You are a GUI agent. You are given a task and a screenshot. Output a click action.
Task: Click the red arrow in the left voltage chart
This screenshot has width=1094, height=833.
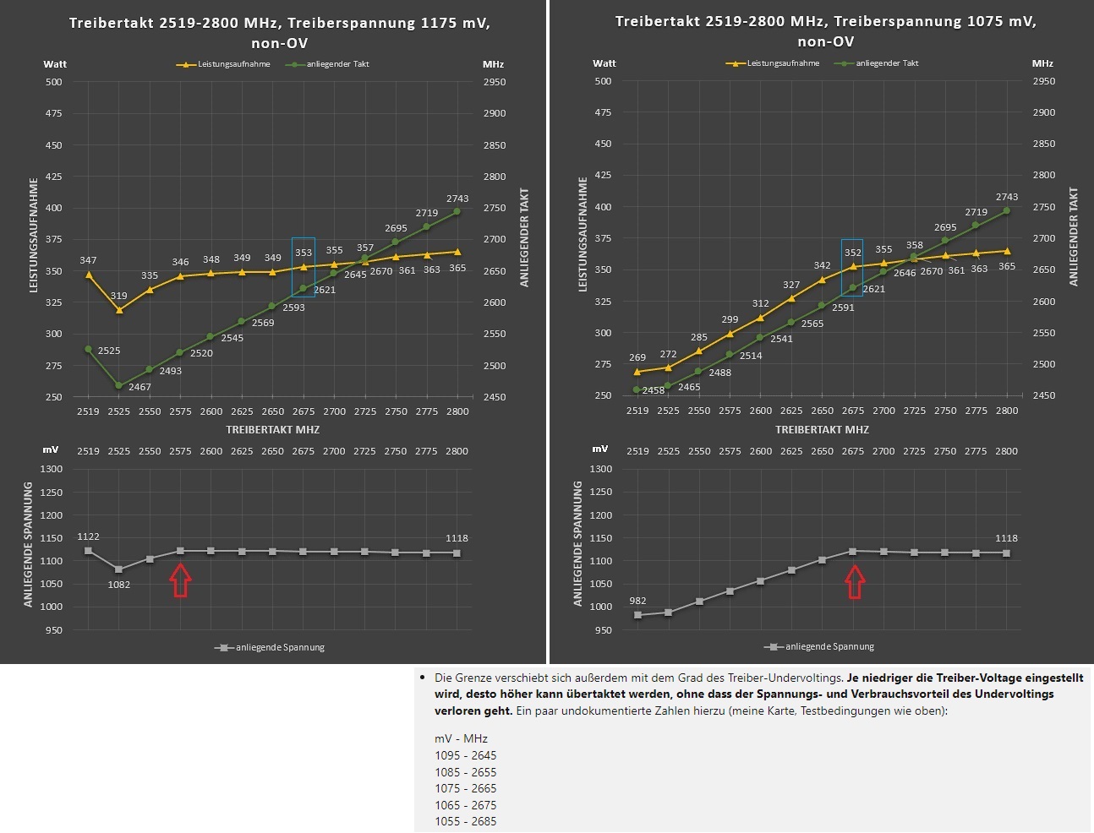tap(180, 581)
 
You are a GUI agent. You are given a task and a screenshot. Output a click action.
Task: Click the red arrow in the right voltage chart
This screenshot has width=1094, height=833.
tap(855, 582)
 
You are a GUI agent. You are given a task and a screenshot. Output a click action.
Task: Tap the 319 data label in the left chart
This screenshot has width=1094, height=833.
tap(118, 296)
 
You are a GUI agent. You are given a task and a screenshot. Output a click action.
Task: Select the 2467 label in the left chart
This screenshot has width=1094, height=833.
tap(139, 387)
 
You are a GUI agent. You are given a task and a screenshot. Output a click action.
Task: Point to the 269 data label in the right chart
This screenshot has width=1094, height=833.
tap(637, 357)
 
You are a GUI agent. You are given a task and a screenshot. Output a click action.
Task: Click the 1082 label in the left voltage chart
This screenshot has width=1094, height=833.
tap(118, 585)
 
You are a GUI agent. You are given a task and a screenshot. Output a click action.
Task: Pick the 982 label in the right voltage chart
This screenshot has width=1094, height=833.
tap(637, 601)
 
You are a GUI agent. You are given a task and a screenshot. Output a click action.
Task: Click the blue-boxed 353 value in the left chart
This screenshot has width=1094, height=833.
tap(304, 253)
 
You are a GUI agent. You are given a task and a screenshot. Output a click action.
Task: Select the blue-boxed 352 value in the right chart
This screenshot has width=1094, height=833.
tap(853, 253)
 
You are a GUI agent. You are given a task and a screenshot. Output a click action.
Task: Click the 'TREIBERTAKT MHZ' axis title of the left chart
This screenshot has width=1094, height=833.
tap(272, 429)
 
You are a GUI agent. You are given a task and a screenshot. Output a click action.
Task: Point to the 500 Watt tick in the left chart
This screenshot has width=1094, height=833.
tap(53, 82)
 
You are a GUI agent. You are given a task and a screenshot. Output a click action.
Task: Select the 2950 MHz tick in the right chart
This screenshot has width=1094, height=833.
tap(1044, 81)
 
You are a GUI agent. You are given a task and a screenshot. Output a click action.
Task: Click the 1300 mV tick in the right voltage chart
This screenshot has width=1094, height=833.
tap(601, 469)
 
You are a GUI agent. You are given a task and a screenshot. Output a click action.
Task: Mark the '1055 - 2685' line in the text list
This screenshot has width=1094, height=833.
tap(466, 821)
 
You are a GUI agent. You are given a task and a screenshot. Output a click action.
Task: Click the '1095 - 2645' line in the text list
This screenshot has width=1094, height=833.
tap(466, 755)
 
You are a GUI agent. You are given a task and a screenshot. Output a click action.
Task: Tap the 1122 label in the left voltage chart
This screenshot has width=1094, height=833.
tap(88, 536)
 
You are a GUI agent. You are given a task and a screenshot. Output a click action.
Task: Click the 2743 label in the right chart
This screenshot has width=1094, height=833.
tap(1006, 197)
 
